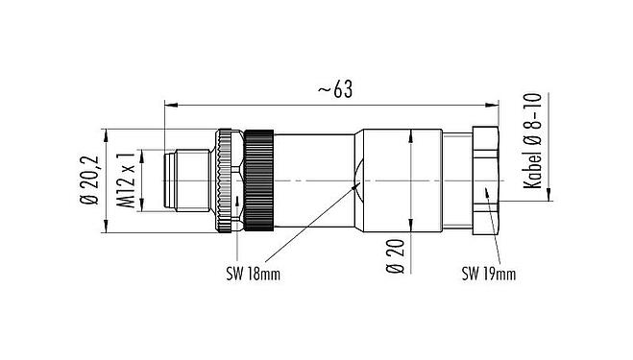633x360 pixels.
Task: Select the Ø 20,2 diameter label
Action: pyautogui.click(x=92, y=181)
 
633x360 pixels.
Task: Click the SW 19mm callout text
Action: pyautogui.click(x=488, y=274)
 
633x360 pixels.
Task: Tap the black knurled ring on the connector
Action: pyautogui.click(x=258, y=180)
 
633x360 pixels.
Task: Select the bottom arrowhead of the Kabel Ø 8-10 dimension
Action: pyautogui.click(x=548, y=197)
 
